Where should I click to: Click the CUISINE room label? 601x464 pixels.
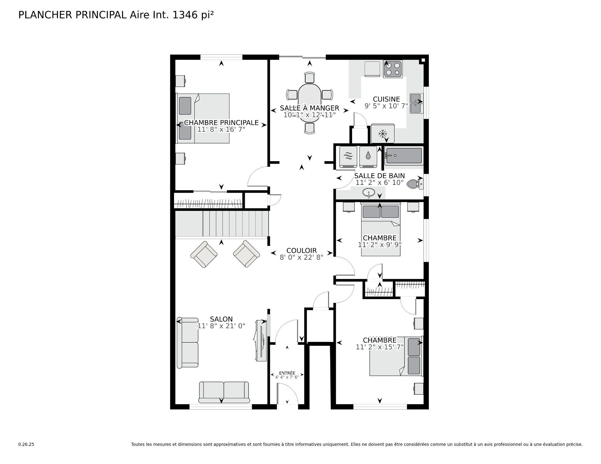tap(386, 99)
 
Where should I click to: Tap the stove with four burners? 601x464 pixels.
tap(393, 69)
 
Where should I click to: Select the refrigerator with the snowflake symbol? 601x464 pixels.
tap(383, 134)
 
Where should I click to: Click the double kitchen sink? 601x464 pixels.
tap(416, 104)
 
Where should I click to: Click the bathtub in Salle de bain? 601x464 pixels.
tap(404, 156)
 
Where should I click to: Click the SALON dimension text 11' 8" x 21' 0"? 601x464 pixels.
tap(221, 326)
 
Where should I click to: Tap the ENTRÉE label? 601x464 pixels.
tap(287, 373)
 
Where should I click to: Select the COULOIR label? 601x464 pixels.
tap(301, 250)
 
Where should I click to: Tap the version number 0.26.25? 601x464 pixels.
tap(26, 444)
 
